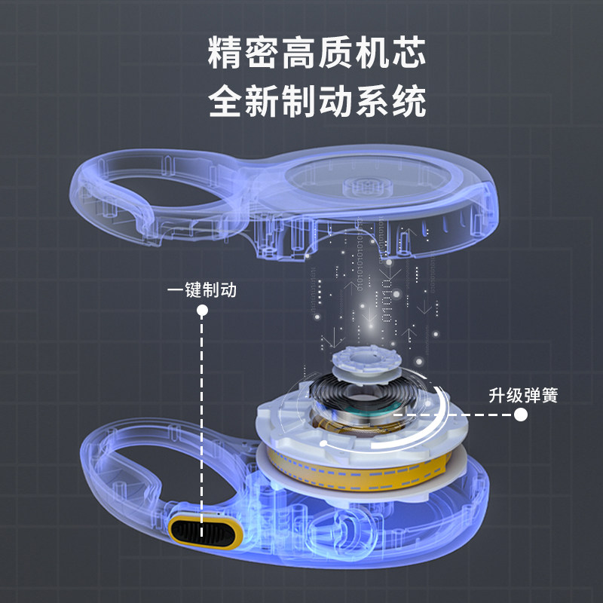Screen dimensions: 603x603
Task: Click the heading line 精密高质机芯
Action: (x=317, y=54)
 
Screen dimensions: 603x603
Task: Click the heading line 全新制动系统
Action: (x=317, y=101)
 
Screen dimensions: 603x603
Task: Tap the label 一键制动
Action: (x=201, y=289)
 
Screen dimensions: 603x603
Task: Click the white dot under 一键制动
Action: (x=202, y=310)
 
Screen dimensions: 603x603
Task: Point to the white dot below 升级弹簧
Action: (x=521, y=414)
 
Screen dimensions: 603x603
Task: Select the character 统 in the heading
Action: (x=408, y=101)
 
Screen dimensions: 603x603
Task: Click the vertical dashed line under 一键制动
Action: (x=202, y=415)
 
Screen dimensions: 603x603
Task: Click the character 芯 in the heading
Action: (x=408, y=54)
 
